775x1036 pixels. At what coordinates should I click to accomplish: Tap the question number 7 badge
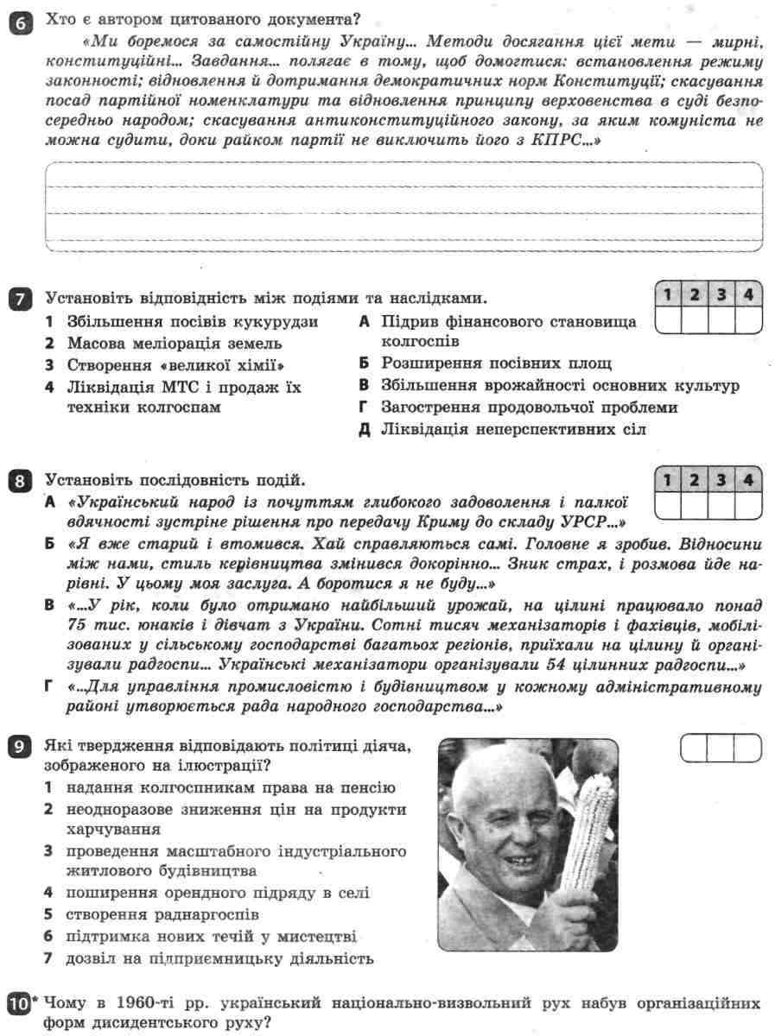[x=18, y=300]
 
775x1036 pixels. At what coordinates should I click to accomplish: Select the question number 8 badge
[x=18, y=481]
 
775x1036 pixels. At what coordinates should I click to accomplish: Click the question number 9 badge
[x=18, y=748]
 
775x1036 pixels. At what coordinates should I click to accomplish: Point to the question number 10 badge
[x=19, y=1006]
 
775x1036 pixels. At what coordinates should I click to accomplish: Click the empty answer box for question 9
[x=721, y=748]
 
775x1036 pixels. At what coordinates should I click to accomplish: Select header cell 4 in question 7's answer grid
[x=747, y=295]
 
